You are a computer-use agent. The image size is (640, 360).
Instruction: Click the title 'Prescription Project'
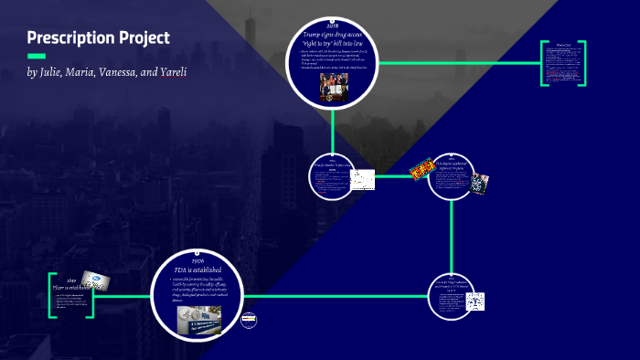pyautogui.click(x=98, y=38)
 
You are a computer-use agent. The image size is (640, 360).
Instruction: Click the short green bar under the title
pyautogui.click(x=37, y=57)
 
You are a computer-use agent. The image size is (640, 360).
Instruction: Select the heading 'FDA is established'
pyautogui.click(x=199, y=270)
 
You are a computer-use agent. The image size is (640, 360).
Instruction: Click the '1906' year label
pyautogui.click(x=199, y=259)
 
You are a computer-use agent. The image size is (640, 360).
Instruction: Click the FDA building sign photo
pyautogui.click(x=199, y=319)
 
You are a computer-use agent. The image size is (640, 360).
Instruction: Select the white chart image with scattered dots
pyautogui.click(x=364, y=179)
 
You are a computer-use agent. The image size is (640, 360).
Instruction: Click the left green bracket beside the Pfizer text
pyautogui.click(x=52, y=294)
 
